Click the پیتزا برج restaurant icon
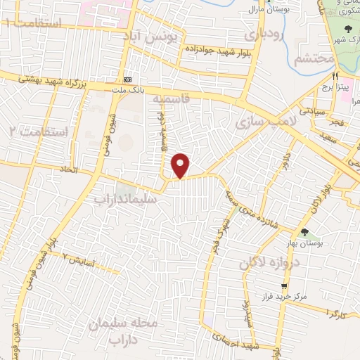click(x=336, y=75)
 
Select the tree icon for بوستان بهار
click(x=304, y=231)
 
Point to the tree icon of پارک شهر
click(x=349, y=29)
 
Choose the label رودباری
click(x=262, y=33)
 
